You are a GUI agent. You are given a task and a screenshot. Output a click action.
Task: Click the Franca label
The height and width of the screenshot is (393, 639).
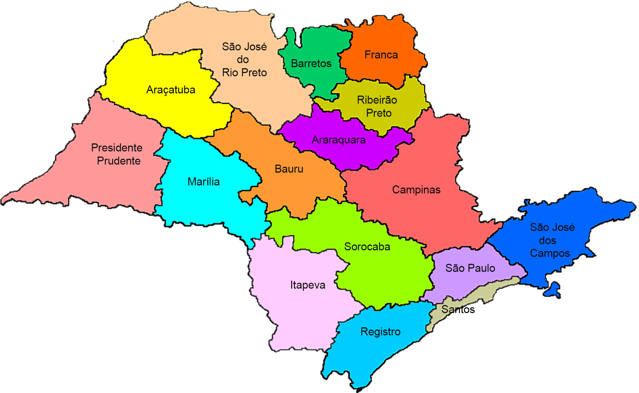381,55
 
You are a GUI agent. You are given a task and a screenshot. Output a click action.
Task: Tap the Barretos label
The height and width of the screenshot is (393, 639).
311,63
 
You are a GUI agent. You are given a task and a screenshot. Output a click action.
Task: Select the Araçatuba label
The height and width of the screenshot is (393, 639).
171,90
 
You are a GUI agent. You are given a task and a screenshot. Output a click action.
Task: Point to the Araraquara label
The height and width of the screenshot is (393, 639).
338,140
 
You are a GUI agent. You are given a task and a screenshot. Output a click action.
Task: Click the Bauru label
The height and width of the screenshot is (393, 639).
289,169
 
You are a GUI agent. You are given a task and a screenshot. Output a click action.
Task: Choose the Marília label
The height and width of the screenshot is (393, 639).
204,182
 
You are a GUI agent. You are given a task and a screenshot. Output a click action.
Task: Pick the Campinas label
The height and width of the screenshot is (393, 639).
416,190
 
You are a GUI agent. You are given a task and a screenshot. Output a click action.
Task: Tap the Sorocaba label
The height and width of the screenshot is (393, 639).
367,247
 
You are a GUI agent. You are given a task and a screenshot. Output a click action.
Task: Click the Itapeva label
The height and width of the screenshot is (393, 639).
307,285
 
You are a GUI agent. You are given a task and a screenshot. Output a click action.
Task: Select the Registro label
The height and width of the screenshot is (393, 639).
380,332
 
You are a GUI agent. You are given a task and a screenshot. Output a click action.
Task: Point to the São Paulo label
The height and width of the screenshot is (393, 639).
470,268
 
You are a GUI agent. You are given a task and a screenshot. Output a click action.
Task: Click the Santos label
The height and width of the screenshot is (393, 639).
458,309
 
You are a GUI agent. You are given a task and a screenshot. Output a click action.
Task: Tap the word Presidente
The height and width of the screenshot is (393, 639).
117,148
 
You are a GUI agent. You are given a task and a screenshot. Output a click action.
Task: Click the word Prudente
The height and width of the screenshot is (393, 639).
119,161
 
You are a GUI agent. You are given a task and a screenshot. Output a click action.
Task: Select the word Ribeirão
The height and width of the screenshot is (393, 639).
377,100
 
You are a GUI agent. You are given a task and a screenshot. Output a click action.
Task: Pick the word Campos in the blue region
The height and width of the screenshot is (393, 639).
550,253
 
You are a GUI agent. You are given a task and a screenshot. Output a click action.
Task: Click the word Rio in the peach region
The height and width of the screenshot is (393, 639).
230,73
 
